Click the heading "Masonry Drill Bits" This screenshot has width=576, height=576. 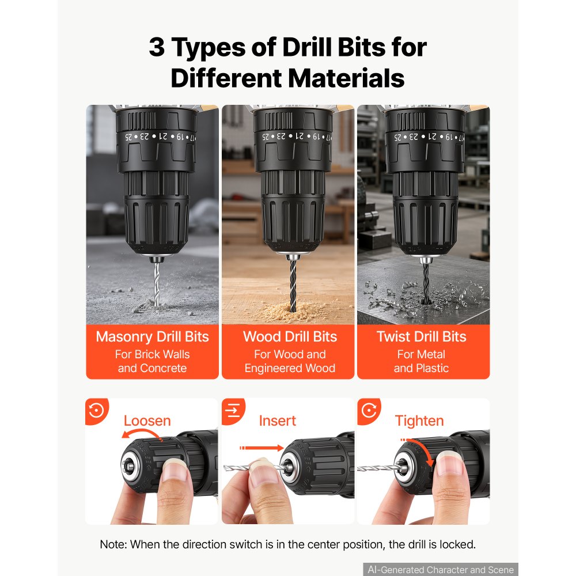[153, 336]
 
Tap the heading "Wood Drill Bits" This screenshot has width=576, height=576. [290, 336]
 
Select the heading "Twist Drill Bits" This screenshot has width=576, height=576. [422, 336]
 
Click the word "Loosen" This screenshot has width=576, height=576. [147, 420]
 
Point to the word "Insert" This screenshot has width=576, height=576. [278, 420]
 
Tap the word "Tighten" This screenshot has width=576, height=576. [419, 421]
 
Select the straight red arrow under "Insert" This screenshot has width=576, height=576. [261, 448]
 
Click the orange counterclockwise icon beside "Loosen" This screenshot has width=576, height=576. [97, 410]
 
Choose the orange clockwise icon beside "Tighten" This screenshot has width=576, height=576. [369, 410]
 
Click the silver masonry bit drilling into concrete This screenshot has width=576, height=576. [157, 282]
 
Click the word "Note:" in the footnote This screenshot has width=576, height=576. [113, 544]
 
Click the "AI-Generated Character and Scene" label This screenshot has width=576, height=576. [441, 570]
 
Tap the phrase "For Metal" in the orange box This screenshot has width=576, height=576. [421, 354]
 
